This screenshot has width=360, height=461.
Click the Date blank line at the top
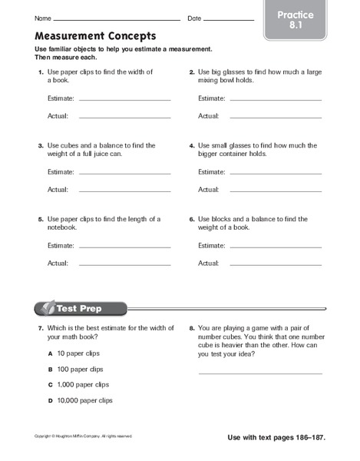(229, 19)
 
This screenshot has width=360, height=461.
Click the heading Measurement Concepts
(95, 35)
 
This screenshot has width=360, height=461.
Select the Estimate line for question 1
(124, 101)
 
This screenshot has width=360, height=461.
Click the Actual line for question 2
(273, 117)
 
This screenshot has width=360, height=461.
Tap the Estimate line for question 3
(124, 174)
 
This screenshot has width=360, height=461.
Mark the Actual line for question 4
(273, 191)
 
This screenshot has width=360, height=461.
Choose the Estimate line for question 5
(124, 247)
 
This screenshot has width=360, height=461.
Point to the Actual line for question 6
(273, 264)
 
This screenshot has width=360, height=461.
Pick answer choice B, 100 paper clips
(81, 370)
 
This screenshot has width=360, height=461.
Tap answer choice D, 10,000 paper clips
(84, 400)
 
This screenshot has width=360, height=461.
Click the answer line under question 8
(261, 373)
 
